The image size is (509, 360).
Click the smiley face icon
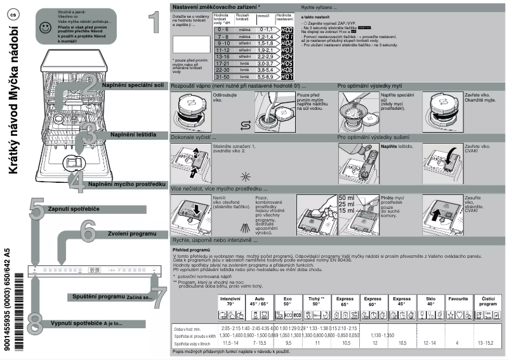tap(43, 27)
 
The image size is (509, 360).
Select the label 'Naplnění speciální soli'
tap(133, 84)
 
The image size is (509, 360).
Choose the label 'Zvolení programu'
tap(131, 234)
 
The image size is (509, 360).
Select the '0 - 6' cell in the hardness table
tap(223, 29)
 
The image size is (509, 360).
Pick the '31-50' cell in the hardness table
tap(223, 76)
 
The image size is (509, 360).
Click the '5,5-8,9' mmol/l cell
tap(265, 76)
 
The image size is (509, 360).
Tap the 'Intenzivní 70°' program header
tap(229, 301)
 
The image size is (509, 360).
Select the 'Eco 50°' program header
tap(288, 301)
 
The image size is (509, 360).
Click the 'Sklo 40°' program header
tap(430, 301)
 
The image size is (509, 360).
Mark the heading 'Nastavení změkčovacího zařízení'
tap(216, 5)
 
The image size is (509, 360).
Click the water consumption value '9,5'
tap(288, 343)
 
